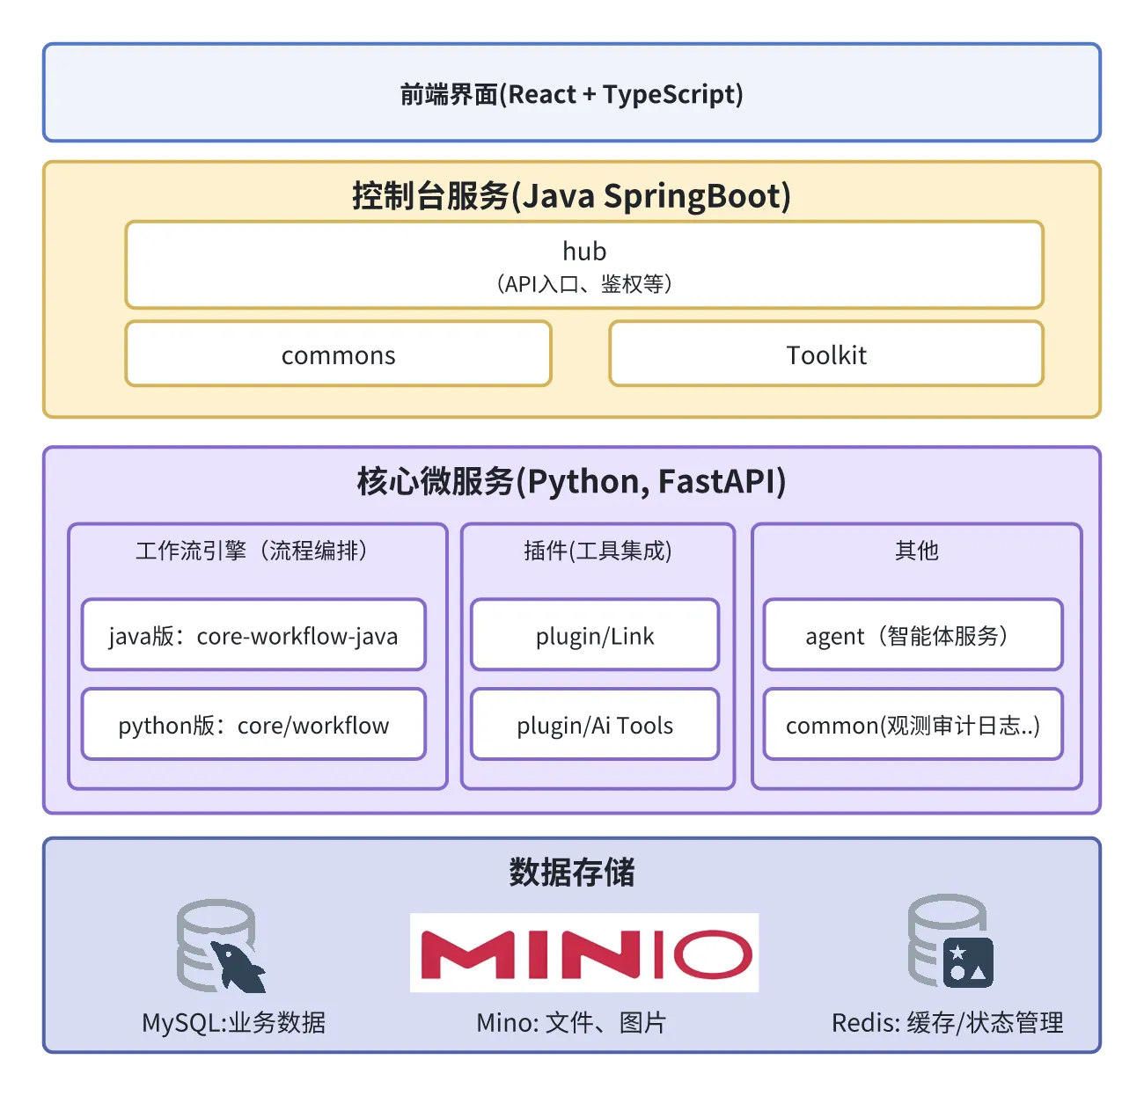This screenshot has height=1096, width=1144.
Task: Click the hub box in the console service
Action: coord(584,265)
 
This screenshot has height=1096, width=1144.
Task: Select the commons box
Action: coord(339,354)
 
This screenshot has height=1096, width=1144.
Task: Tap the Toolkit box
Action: coord(826,354)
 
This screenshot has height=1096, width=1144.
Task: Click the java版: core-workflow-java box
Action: coord(253,635)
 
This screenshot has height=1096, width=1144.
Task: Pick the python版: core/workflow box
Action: coord(253,725)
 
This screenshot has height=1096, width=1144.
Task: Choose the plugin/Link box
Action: coord(595,635)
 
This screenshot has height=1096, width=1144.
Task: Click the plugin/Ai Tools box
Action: coord(595,725)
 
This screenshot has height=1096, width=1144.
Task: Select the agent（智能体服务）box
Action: coord(913,635)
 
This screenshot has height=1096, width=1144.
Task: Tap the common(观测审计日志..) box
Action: coord(913,725)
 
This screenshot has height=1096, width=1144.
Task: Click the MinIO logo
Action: coord(584,954)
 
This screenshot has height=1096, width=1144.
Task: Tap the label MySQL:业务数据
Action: coord(234,1022)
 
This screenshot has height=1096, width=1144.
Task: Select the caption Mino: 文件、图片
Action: coord(571,1022)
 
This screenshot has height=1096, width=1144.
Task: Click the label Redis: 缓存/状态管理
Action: coord(948,1022)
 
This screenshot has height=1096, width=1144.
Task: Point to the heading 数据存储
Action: coord(572,872)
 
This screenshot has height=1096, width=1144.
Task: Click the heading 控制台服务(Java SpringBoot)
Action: coord(572,195)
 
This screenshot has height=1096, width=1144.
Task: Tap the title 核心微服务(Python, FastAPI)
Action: coord(572,481)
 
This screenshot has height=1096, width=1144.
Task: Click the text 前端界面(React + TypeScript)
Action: coord(572,93)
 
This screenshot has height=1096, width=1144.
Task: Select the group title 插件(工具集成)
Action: coord(598,551)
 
